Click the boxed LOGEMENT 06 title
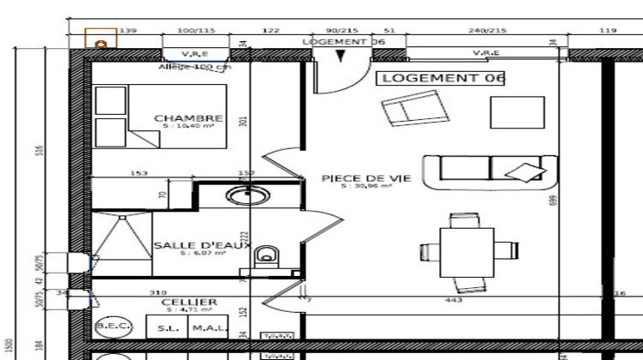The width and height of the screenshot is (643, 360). click(441, 78)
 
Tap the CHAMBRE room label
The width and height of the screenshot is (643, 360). click(188, 118)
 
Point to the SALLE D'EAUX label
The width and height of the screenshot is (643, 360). click(201, 246)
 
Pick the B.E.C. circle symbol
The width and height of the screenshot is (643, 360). click(111, 327)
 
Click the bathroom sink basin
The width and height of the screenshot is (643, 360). click(247, 196)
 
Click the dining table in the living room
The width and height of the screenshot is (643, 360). click(468, 251)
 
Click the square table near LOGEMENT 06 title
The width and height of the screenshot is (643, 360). click(517, 112)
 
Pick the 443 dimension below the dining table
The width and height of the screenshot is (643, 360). click(454, 300)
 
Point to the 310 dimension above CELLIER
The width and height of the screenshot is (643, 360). click(158, 292)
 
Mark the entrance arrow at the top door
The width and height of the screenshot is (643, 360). click(342, 57)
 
